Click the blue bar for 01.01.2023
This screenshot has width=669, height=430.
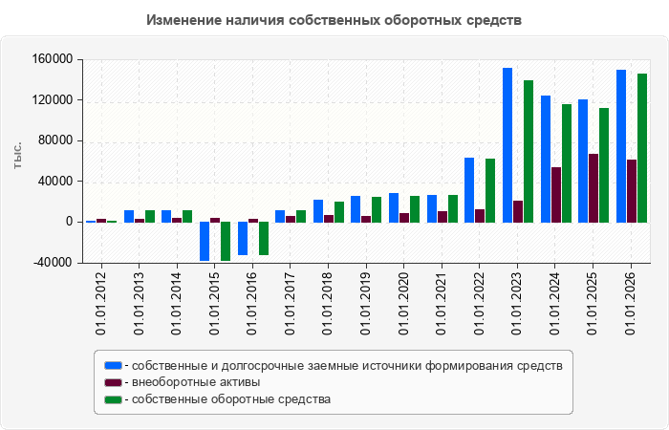pyautogui.click(x=507, y=145)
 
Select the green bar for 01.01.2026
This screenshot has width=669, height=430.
pyautogui.click(x=642, y=148)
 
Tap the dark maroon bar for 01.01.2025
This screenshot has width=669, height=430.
pyautogui.click(x=593, y=188)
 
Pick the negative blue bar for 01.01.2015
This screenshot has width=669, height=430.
pyautogui.click(x=205, y=241)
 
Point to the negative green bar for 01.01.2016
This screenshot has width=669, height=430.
pyautogui.click(x=264, y=239)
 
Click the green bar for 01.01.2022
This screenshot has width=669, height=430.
pyautogui.click(x=490, y=191)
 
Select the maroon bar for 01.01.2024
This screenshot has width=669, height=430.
pyautogui.click(x=556, y=195)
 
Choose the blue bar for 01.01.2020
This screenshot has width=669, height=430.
pyautogui.click(x=394, y=207)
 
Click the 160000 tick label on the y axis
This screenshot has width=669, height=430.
pyautogui.click(x=53, y=59)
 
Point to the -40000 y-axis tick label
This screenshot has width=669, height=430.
pyautogui.click(x=53, y=263)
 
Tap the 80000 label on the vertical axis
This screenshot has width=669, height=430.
pyautogui.click(x=55, y=140)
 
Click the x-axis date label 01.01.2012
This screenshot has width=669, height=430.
pyautogui.click(x=101, y=304)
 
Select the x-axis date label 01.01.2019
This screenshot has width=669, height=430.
pyautogui.click(x=366, y=304)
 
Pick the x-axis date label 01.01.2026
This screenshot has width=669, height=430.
pyautogui.click(x=630, y=304)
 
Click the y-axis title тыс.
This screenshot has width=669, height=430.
pyautogui.click(x=17, y=156)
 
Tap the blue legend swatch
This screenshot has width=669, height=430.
pyautogui.click(x=113, y=366)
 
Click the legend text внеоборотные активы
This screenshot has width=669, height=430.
pyautogui.click(x=196, y=382)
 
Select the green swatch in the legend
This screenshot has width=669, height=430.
pyautogui.click(x=113, y=399)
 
